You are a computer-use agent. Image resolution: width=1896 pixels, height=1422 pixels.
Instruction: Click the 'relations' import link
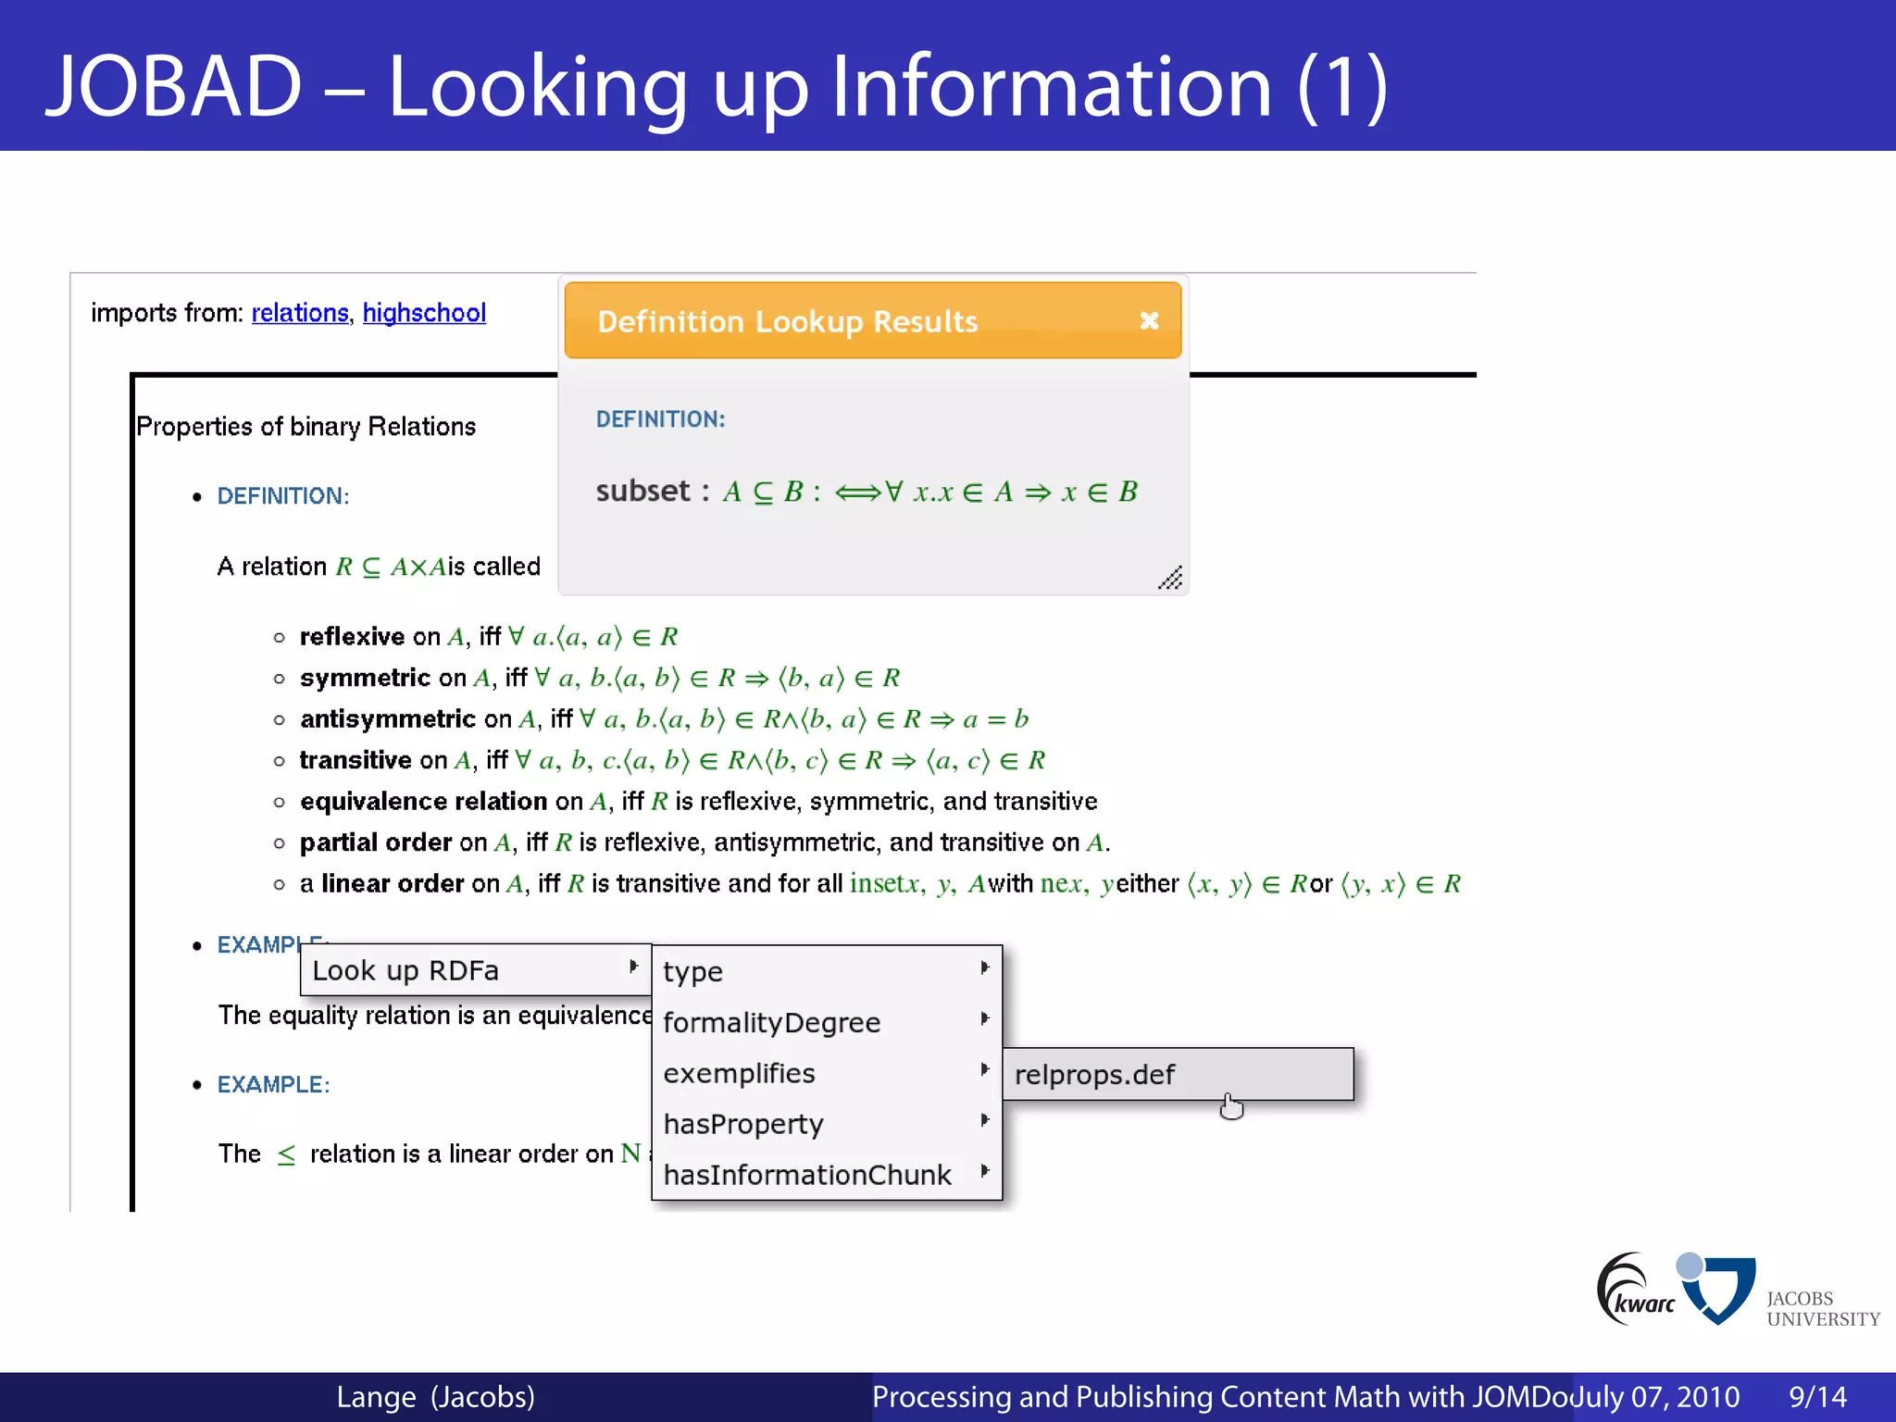(299, 313)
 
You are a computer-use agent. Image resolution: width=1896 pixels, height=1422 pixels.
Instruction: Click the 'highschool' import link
(424, 313)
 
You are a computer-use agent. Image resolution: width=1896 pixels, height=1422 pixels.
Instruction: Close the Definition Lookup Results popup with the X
(1149, 320)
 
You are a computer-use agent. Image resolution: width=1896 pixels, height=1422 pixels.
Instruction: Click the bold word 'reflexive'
(352, 637)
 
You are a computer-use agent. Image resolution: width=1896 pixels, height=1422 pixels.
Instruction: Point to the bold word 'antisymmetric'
(388, 719)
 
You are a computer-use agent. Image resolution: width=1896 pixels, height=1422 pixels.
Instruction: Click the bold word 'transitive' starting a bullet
(355, 760)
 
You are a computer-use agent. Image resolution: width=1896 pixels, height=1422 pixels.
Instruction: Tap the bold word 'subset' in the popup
(642, 491)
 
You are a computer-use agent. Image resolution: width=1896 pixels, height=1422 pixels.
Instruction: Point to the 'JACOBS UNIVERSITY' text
(1822, 1308)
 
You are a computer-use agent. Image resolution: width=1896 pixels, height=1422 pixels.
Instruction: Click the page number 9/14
(1817, 1396)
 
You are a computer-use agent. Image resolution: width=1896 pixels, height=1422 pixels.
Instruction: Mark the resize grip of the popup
(1170, 579)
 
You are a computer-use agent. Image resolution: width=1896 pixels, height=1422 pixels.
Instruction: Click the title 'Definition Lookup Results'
(787, 321)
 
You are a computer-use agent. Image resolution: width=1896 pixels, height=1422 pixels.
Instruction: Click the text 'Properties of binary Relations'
(306, 426)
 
